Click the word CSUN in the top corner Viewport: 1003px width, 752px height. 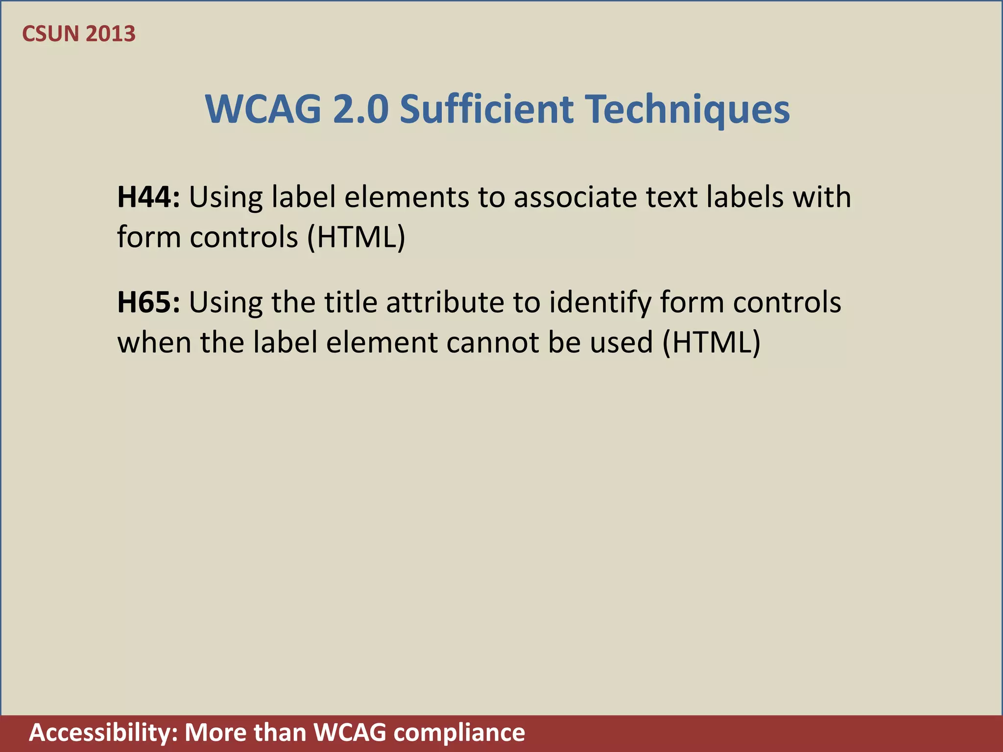(50, 34)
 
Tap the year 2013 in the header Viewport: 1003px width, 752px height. (110, 34)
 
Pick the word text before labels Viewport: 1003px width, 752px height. (672, 197)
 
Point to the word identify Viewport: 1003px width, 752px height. (600, 303)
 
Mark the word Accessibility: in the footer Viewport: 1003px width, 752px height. (103, 733)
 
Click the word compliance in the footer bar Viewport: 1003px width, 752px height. (459, 733)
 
